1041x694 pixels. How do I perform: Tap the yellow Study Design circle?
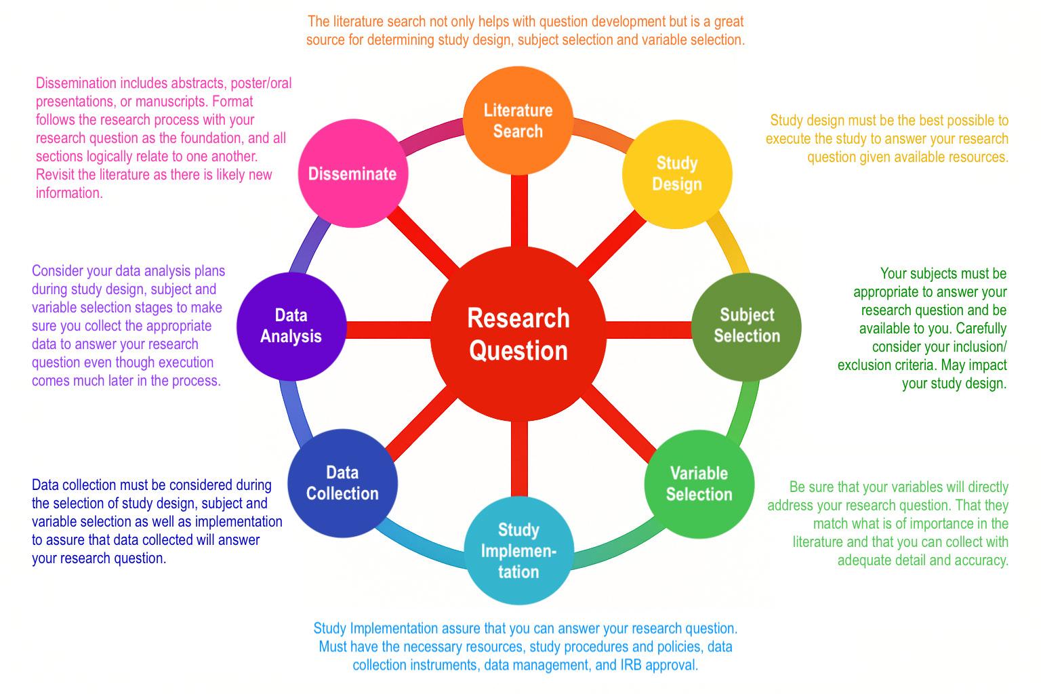pos(677,173)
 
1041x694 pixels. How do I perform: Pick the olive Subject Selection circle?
pos(746,326)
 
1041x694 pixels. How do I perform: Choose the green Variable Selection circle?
pos(699,483)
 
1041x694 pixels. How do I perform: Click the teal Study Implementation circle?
pos(518,550)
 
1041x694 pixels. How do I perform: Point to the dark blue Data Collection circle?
pos(342,483)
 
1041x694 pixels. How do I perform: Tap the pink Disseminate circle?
pos(352,173)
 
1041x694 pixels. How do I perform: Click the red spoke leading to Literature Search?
pos(518,210)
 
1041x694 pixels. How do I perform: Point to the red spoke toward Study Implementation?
pos(518,461)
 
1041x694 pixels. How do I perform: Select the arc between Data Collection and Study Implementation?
pos(417,542)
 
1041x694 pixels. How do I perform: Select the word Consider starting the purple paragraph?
pos(58,271)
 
